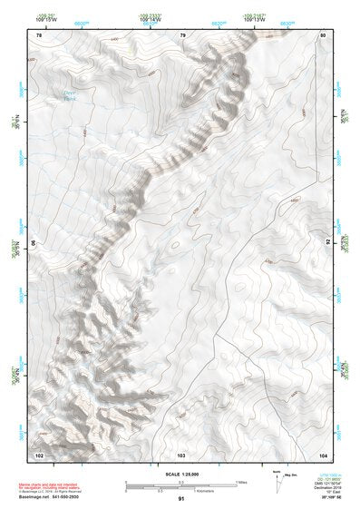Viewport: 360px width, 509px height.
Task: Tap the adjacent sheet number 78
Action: point(38,34)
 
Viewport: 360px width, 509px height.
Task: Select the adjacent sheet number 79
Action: point(182,34)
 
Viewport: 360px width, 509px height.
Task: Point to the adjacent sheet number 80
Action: point(323,34)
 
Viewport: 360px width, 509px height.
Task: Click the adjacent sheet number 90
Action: point(34,243)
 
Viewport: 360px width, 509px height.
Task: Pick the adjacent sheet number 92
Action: point(326,243)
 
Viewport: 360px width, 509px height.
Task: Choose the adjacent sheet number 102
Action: point(39,453)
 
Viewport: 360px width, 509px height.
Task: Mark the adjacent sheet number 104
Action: point(322,453)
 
